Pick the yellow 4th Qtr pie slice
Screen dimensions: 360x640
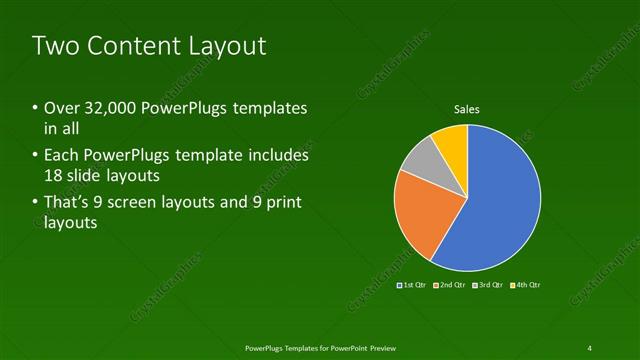point(451,141)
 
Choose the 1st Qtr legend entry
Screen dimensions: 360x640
point(413,285)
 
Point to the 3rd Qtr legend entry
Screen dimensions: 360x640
point(489,285)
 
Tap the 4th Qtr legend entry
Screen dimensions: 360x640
point(526,285)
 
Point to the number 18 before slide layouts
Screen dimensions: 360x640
point(54,176)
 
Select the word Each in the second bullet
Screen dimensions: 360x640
point(61,156)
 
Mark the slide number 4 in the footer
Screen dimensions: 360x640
point(590,347)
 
